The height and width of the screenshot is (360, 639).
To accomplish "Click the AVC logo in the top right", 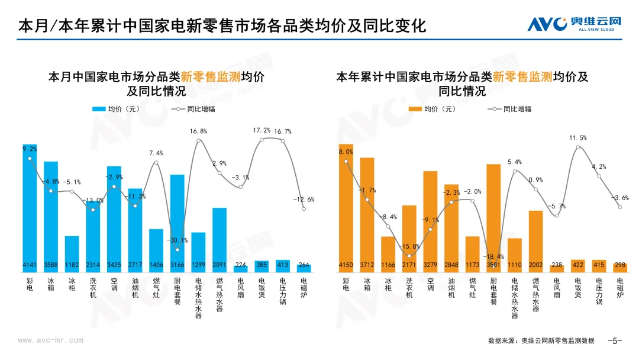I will point(574,24).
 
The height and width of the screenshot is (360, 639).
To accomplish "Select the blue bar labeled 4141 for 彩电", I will point(30,207).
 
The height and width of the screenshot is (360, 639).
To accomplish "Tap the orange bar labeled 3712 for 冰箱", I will point(367,213).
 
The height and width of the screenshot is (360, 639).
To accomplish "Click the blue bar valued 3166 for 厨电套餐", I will point(177,222).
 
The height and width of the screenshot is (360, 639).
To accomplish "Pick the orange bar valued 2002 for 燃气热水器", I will point(535,240).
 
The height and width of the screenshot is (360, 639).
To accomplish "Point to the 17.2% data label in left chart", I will point(262,130).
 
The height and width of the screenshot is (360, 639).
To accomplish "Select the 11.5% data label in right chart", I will point(577,138).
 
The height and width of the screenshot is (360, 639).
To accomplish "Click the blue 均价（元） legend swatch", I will point(98,109).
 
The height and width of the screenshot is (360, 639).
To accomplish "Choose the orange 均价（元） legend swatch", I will point(415,109).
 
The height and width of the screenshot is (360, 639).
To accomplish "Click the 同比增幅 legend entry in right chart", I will point(509,109).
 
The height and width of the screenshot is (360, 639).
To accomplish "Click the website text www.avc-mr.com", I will point(51,340).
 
